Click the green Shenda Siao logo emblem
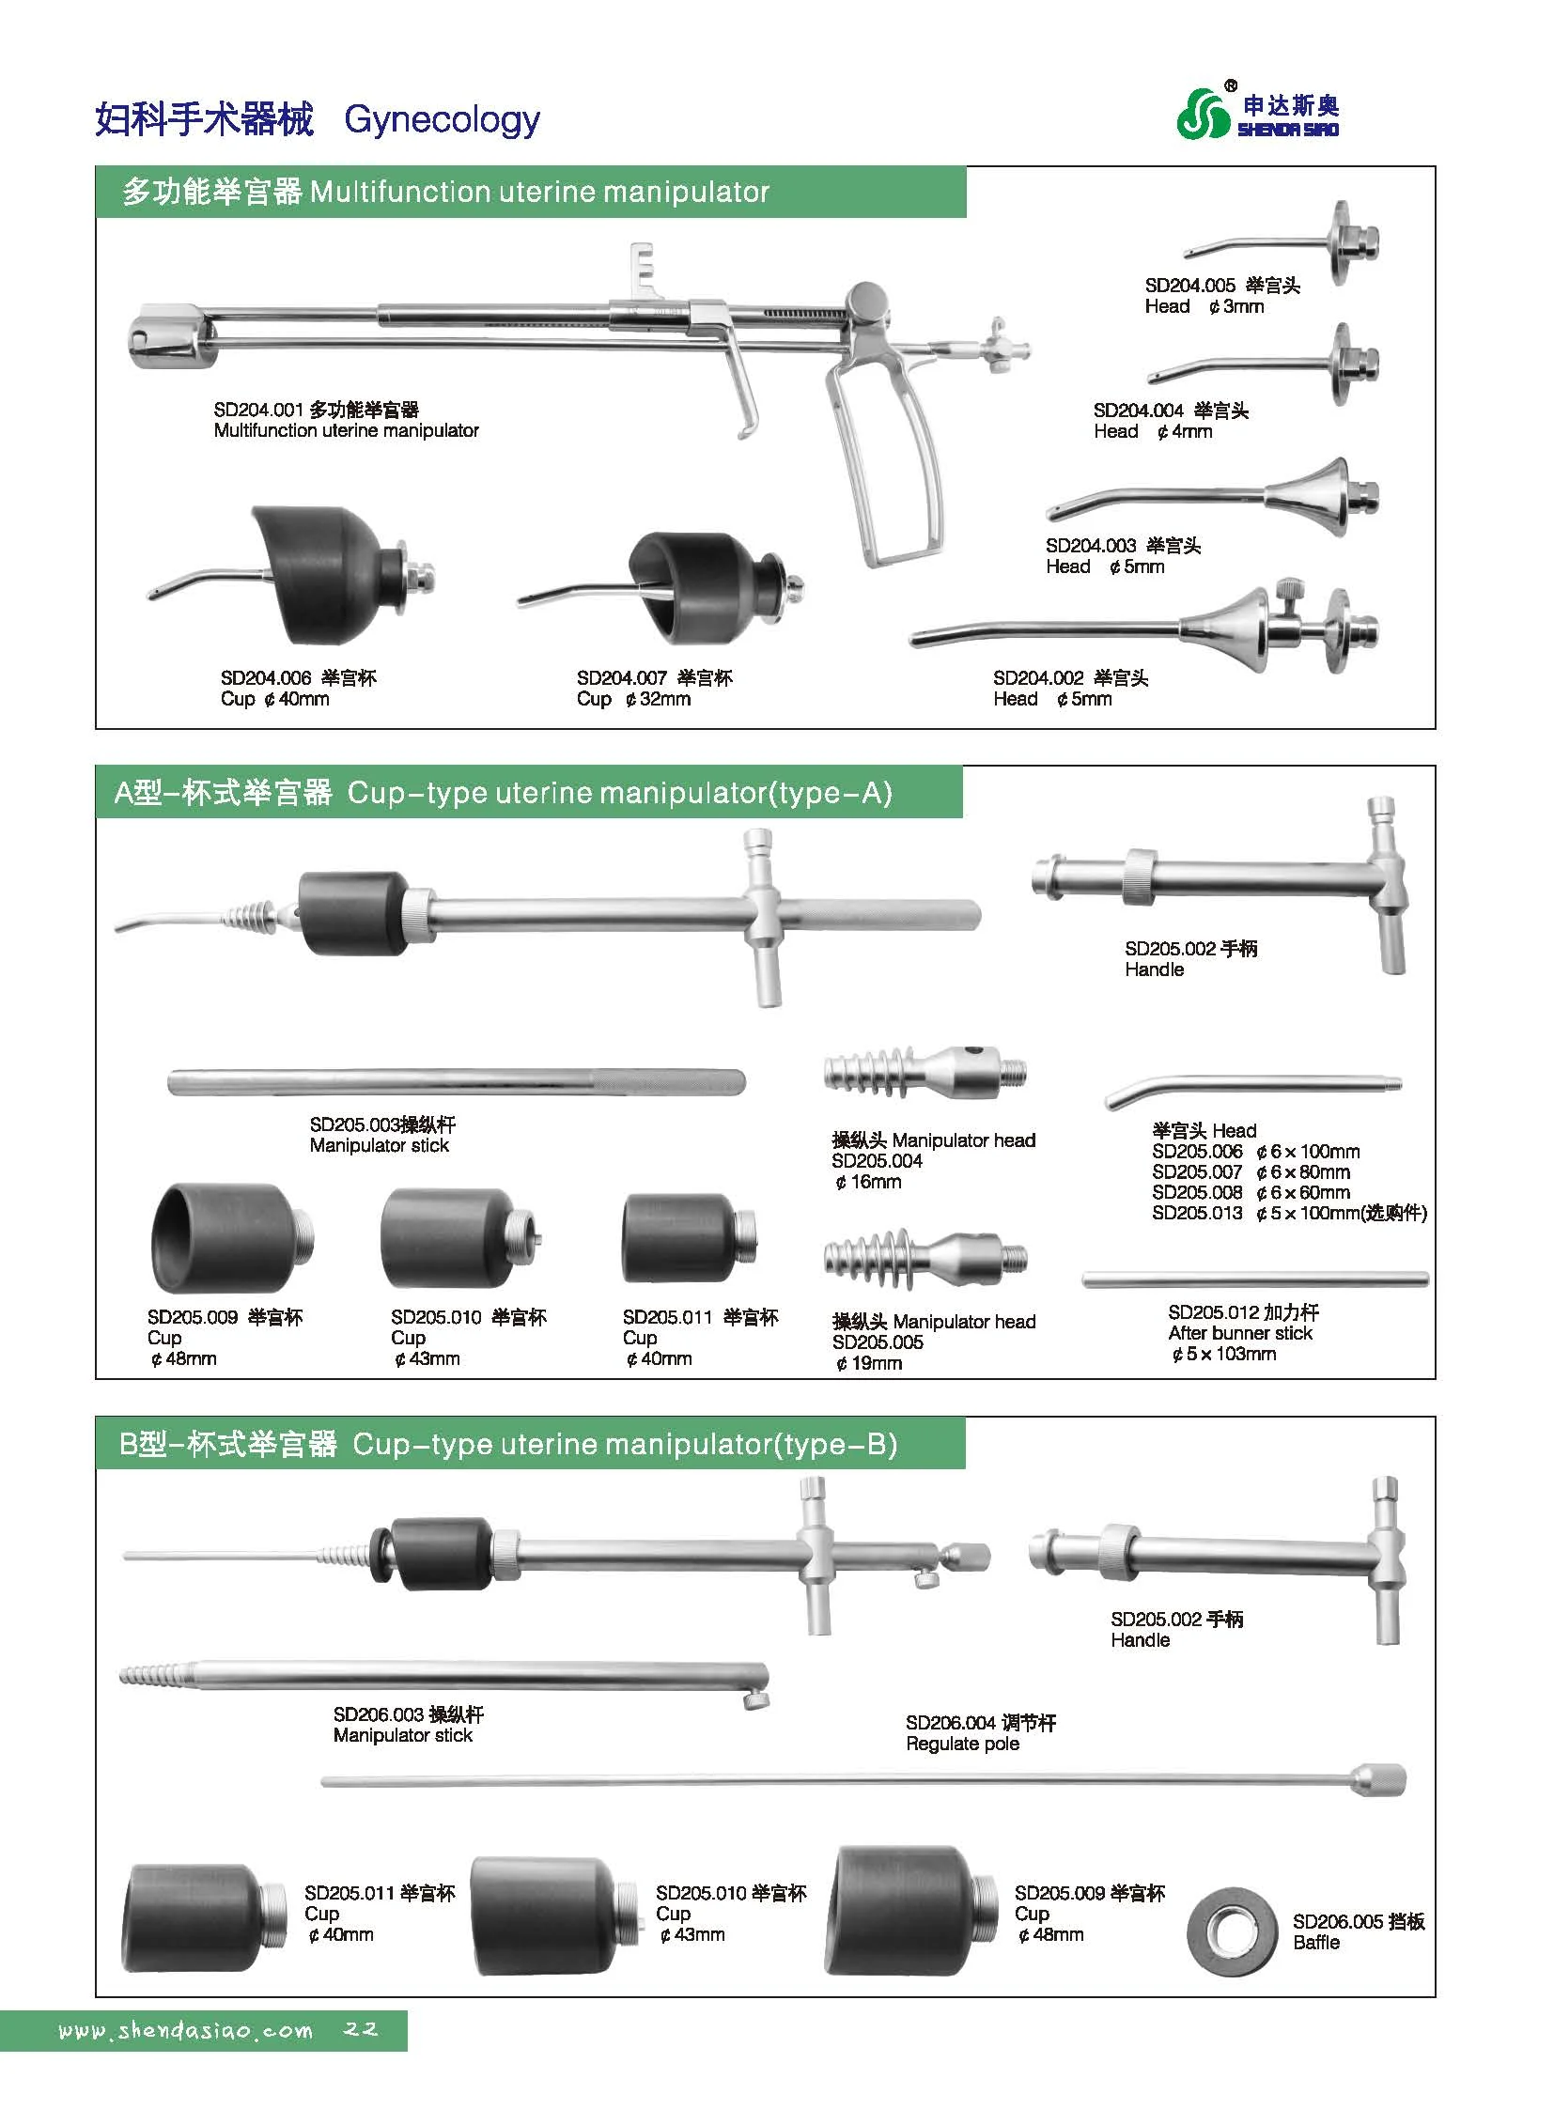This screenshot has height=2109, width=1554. coord(1204,114)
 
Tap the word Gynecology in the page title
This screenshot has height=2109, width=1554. coord(443,120)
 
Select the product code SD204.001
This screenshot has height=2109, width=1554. coord(258,411)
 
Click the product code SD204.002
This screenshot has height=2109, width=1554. coord(1037,678)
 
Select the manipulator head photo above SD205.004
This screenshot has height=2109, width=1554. coord(924,1071)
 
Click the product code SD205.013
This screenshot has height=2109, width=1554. coord(1197,1214)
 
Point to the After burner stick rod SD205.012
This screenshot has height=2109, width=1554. coord(1255,1279)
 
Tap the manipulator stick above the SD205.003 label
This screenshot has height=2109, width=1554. coord(457,1082)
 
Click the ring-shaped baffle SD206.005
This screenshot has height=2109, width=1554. coord(1228,1931)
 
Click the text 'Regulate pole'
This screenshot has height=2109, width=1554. coord(962,1744)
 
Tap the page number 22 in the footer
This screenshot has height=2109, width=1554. coord(361,2030)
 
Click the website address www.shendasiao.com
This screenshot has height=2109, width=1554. coord(184,2030)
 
